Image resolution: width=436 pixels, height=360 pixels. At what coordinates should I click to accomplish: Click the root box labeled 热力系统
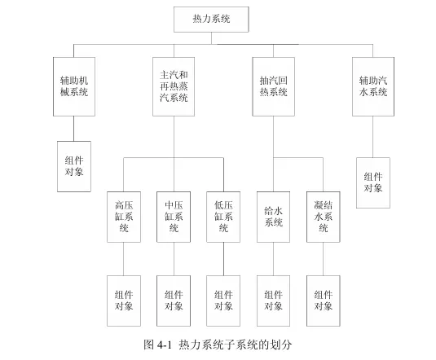pyautogui.click(x=211, y=20)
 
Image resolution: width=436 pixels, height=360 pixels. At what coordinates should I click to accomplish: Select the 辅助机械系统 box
pyautogui.click(x=74, y=86)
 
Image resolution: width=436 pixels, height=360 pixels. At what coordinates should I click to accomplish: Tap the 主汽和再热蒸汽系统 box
pyautogui.click(x=174, y=86)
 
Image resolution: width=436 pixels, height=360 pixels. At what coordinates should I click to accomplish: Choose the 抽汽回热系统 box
pyautogui.click(x=273, y=86)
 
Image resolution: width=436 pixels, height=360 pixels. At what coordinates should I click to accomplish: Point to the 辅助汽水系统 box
pyautogui.click(x=373, y=86)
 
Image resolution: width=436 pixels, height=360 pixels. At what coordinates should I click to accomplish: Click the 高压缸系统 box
pyautogui.click(x=124, y=217)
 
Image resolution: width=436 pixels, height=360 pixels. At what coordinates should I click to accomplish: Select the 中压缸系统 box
pyautogui.click(x=174, y=217)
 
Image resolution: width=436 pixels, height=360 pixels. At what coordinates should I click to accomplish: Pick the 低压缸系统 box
pyautogui.click(x=223, y=217)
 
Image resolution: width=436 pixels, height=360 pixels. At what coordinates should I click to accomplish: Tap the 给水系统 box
pyautogui.click(x=273, y=217)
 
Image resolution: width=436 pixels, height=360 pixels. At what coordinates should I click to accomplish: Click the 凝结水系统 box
pyautogui.click(x=323, y=217)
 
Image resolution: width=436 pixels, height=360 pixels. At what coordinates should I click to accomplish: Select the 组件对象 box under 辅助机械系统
pyautogui.click(x=74, y=166)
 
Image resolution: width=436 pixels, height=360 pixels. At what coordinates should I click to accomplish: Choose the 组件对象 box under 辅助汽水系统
pyautogui.click(x=373, y=182)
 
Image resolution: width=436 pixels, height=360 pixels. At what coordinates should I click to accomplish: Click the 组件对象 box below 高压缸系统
pyautogui.click(x=124, y=301)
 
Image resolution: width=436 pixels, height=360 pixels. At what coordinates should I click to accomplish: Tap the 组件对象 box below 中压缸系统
pyautogui.click(x=174, y=301)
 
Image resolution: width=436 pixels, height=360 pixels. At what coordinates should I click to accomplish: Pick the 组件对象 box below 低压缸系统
pyautogui.click(x=223, y=301)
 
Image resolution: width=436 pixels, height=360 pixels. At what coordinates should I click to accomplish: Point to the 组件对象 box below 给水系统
pyautogui.click(x=273, y=301)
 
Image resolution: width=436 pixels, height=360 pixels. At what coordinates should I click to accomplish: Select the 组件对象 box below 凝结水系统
pyautogui.click(x=323, y=301)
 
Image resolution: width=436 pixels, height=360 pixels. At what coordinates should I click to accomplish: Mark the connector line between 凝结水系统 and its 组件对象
pyautogui.click(x=323, y=259)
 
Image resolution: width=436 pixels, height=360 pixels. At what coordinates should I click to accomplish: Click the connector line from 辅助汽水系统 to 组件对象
pyautogui.click(x=373, y=137)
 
